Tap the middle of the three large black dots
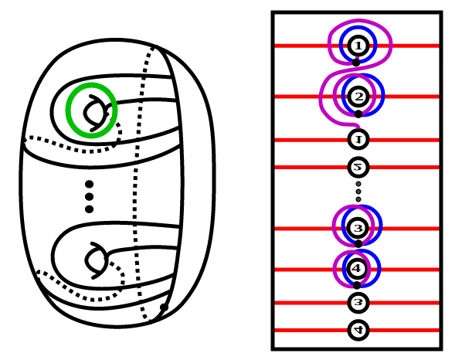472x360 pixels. [x=89, y=197]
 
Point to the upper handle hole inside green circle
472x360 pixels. [x=93, y=110]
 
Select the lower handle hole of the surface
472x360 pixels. [x=93, y=260]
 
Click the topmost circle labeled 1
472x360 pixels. [x=357, y=46]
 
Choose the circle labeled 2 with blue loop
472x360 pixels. [x=357, y=97]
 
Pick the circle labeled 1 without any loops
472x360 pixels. [x=358, y=140]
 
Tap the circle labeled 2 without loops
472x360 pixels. [x=358, y=167]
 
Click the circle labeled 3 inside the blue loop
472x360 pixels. [x=358, y=229]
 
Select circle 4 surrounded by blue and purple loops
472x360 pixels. [x=357, y=269]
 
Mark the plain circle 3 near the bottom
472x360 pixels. [x=358, y=303]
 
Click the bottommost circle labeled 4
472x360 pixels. [x=358, y=330]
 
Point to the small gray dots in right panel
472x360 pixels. [x=358, y=192]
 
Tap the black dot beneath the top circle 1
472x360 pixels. [x=356, y=62]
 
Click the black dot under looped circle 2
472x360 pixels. [x=358, y=114]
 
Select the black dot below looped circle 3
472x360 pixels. [x=358, y=244]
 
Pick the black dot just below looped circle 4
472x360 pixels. [x=357, y=285]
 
